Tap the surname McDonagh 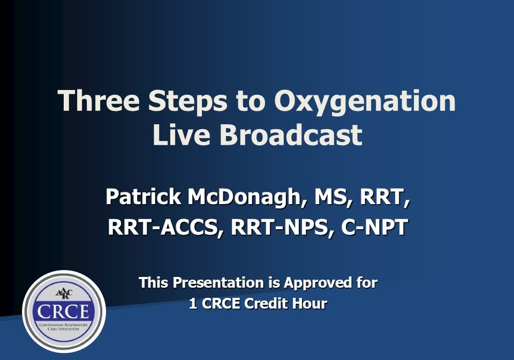point(247,197)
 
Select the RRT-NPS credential point(277,227)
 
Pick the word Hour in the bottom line point(311,304)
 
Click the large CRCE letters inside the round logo point(64,311)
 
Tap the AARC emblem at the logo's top point(64,292)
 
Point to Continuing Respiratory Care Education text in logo point(64,327)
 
